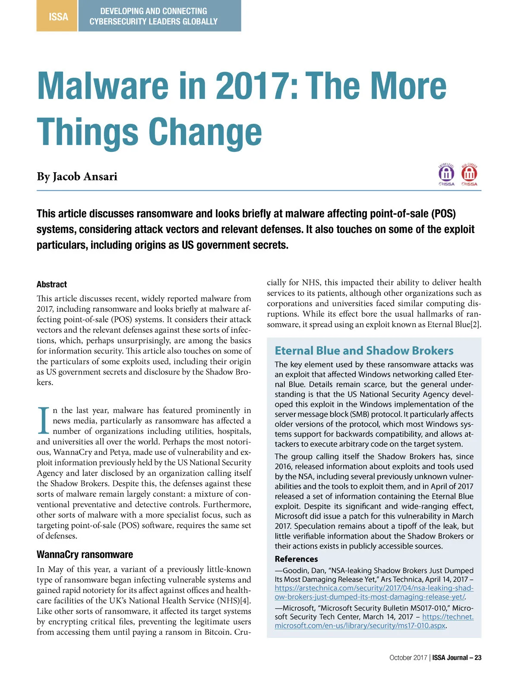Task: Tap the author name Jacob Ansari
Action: [x=85, y=177]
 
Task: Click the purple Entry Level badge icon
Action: [x=446, y=174]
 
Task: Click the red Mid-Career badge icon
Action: [x=469, y=174]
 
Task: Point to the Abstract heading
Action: [x=52, y=284]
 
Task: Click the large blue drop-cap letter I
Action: [x=43, y=421]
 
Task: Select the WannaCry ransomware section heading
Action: [x=85, y=555]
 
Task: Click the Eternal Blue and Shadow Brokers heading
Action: [x=364, y=350]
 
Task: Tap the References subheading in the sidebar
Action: [x=296, y=559]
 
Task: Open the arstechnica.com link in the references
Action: [x=374, y=593]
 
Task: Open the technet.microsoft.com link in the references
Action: [x=374, y=621]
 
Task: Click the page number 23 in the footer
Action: [x=478, y=658]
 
